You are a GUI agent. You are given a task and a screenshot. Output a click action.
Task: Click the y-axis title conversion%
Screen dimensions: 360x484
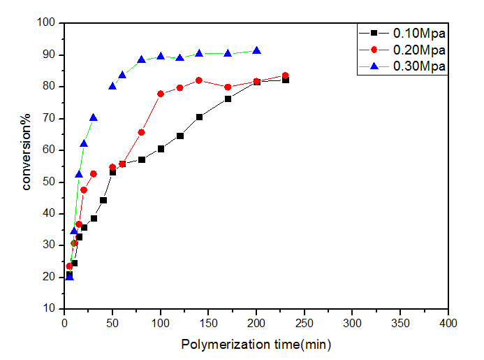[x=27, y=164]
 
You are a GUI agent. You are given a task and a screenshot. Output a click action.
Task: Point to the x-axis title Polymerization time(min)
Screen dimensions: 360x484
[x=256, y=345]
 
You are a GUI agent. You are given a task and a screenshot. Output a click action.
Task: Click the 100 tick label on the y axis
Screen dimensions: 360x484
[x=47, y=23]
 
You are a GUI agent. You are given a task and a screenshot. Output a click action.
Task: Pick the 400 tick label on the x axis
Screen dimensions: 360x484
[x=448, y=324]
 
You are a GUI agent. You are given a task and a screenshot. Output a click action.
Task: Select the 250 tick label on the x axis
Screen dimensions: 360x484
[x=305, y=324]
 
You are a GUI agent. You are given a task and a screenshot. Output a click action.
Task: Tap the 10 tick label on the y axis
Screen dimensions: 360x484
[x=50, y=308]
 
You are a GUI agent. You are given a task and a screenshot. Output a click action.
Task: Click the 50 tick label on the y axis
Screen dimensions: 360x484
[x=50, y=182]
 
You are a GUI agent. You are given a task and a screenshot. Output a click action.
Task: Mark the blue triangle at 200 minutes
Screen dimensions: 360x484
[x=256, y=50]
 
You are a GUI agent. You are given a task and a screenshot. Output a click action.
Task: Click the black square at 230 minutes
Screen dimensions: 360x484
[x=285, y=80]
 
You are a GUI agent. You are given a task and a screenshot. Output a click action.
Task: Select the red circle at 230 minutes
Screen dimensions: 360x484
[x=285, y=75]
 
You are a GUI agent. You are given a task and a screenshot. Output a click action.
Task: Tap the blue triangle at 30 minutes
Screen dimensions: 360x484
[x=94, y=117]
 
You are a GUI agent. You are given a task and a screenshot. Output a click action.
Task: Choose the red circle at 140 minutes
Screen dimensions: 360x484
[x=199, y=80]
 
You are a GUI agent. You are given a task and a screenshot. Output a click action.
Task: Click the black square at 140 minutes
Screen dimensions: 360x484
[x=199, y=117]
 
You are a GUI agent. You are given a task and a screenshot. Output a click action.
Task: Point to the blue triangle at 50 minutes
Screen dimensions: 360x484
[x=112, y=86]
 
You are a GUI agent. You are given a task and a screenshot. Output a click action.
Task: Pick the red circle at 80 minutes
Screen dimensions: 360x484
[x=141, y=132]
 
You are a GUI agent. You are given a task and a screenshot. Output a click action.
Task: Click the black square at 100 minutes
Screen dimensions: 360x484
[x=161, y=148]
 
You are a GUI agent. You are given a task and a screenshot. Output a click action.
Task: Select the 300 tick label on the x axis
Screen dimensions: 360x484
[x=353, y=324]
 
